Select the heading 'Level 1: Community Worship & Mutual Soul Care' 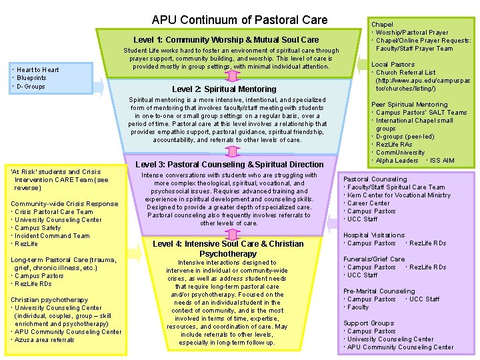pyautogui.click(x=226, y=40)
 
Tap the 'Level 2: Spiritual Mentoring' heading pyautogui.click(x=224, y=89)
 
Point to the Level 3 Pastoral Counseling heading pyautogui.click(x=229, y=164)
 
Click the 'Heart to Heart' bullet pyautogui.click(x=37, y=70)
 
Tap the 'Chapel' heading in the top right pyautogui.click(x=382, y=25)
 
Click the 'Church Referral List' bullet pyautogui.click(x=406, y=73)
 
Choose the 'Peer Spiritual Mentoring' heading pyautogui.click(x=409, y=105)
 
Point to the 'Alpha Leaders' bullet pyautogui.click(x=397, y=161)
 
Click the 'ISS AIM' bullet pyautogui.click(x=442, y=161)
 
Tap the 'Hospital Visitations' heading pyautogui.click(x=373, y=235)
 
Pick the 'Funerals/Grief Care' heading pyautogui.click(x=373, y=259)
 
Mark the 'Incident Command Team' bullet pyautogui.click(x=53, y=236)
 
